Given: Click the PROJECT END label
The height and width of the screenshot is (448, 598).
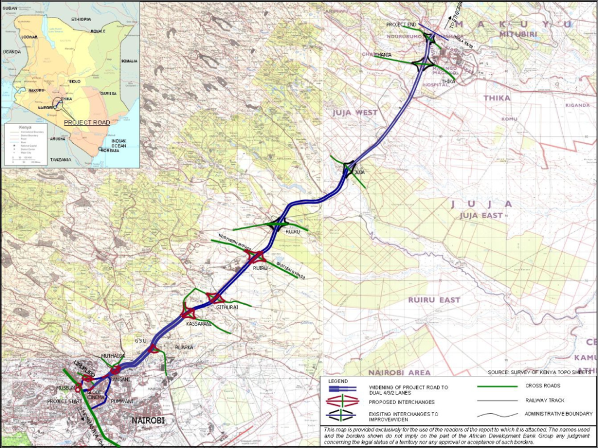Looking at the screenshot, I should [402, 25].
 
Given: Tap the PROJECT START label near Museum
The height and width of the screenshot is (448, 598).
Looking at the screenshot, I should [61, 401].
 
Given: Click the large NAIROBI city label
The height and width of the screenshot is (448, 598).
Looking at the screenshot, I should [148, 420].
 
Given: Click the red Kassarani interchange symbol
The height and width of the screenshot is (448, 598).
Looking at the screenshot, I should [188, 312].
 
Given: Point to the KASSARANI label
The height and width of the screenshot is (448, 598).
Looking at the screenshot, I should [200, 323].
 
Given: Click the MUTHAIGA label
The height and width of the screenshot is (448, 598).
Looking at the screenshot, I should [113, 356].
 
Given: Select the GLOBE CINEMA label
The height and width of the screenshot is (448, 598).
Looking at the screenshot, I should [94, 395].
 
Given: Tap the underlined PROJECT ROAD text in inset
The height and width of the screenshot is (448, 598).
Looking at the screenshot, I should [87, 122].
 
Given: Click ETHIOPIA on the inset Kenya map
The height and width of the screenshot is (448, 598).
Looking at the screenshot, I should [81, 19].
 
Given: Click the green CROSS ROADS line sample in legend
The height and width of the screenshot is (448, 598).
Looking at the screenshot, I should [492, 386].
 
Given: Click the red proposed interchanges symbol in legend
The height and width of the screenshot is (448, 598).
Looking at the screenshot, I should [343, 401].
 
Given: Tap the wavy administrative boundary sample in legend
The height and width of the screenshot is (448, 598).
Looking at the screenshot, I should [492, 414].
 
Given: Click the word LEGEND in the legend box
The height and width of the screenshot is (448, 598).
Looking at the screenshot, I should [338, 381].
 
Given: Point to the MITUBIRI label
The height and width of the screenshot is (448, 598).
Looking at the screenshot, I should [510, 34].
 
